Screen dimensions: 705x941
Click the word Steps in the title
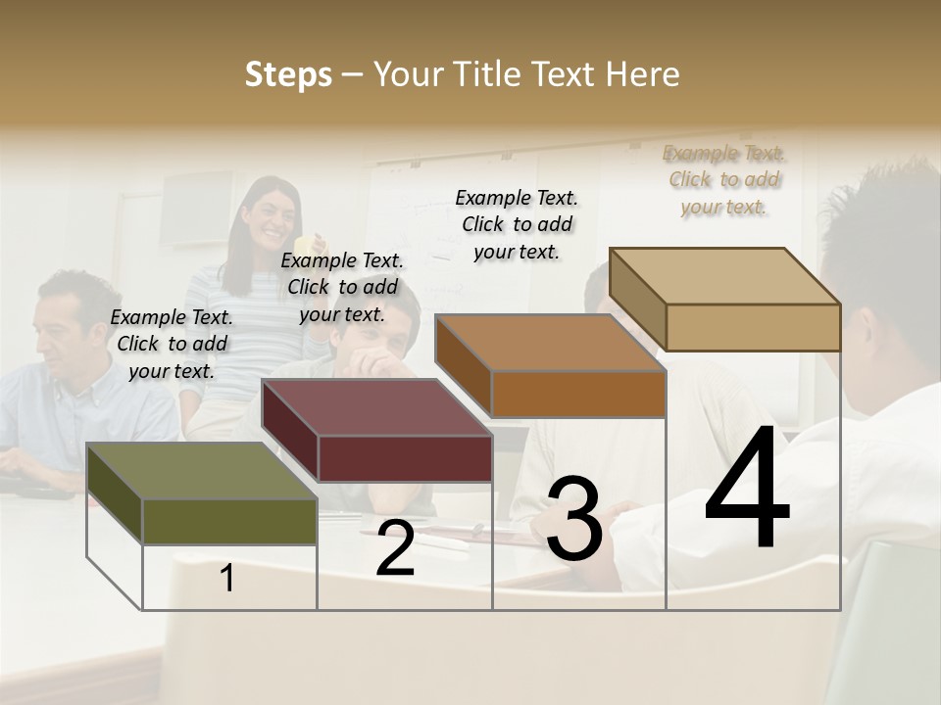[288, 74]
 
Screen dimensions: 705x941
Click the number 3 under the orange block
[573, 519]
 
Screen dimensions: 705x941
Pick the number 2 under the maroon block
[395, 549]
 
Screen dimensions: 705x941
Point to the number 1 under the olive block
[227, 578]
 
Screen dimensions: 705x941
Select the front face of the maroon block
[405, 458]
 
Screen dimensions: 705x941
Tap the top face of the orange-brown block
[549, 343]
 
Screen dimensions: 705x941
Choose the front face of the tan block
[753, 327]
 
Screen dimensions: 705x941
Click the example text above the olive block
[172, 344]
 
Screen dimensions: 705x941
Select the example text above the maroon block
[342, 287]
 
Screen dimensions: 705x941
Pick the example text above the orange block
[517, 224]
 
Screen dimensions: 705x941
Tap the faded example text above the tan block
[724, 179]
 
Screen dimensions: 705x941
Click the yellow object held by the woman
[309, 242]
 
